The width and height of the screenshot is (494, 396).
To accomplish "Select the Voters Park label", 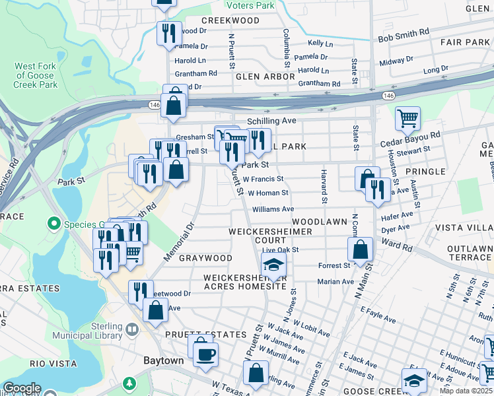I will coord(250,5).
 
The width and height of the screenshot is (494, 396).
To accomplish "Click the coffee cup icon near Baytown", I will coord(205,354).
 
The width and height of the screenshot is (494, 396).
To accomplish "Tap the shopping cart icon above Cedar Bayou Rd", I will coord(407,119).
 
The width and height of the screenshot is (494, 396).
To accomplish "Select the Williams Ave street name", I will coord(273,209).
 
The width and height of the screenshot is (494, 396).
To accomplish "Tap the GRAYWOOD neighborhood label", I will coord(205,258).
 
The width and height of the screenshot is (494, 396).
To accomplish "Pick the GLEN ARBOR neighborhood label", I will coord(265,77).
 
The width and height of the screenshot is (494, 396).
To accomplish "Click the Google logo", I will coord(22,387).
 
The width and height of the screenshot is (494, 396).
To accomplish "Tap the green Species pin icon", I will coord(53,224).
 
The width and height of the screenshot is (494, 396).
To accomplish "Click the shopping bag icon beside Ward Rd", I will coord(360,250).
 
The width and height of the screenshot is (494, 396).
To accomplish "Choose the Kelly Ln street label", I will coord(320,43).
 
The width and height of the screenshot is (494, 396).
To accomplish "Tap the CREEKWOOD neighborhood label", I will coord(230,20).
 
